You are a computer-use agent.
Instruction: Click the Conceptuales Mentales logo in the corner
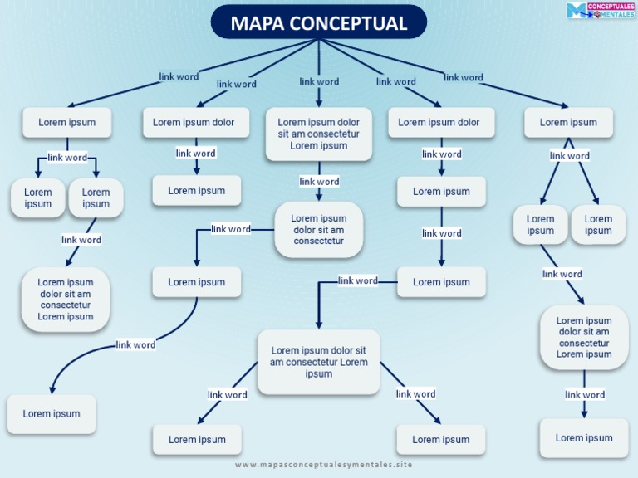click(600, 11)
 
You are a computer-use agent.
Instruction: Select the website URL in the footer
click(323, 465)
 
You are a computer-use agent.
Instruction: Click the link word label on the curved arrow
click(135, 344)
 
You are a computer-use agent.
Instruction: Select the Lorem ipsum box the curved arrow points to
click(52, 414)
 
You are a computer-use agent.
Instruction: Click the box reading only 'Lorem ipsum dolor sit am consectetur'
click(319, 230)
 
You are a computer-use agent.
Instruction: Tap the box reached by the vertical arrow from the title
click(319, 134)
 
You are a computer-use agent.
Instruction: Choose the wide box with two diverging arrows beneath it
click(319, 362)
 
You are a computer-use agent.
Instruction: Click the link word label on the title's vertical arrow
click(319, 81)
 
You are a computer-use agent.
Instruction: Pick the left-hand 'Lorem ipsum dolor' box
click(194, 122)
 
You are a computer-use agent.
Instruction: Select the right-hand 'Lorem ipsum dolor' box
click(439, 122)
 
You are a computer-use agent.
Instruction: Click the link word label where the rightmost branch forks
click(569, 155)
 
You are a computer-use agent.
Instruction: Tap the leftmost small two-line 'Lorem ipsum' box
click(38, 198)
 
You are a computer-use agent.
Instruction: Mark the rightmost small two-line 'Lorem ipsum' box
click(598, 225)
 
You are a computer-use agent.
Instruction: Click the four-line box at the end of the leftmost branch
click(66, 300)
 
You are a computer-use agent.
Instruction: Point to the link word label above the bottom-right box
click(585, 394)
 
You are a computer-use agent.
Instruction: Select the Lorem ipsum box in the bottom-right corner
click(584, 438)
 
